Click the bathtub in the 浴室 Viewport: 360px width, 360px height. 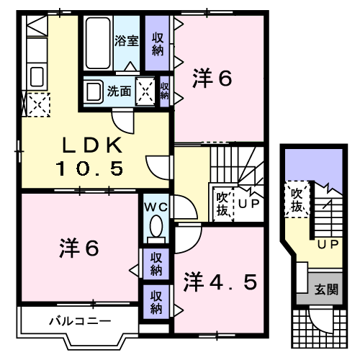[x=98, y=43]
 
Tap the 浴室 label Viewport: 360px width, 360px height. [x=127, y=40]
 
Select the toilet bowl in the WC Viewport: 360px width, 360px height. [x=156, y=226]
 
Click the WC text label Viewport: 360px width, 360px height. [x=156, y=207]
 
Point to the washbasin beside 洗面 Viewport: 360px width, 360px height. [x=94, y=91]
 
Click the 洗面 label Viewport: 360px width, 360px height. [x=120, y=91]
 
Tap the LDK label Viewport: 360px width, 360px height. [x=92, y=145]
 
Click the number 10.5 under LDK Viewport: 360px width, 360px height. [x=89, y=168]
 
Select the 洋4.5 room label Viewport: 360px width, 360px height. [x=220, y=282]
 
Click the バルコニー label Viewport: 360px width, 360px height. [x=80, y=321]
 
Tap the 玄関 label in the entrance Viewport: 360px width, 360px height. [x=326, y=289]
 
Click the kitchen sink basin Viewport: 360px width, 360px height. [x=37, y=76]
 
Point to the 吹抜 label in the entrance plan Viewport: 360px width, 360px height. [x=297, y=200]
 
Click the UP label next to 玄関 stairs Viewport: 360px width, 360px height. [x=328, y=244]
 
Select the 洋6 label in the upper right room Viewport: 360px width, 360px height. [x=212, y=78]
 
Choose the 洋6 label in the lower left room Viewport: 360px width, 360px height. [x=79, y=248]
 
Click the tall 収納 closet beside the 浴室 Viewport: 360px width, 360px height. [x=158, y=43]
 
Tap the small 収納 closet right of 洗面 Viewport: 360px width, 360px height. [x=165, y=91]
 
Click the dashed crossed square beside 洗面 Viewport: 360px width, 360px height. [x=145, y=91]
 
